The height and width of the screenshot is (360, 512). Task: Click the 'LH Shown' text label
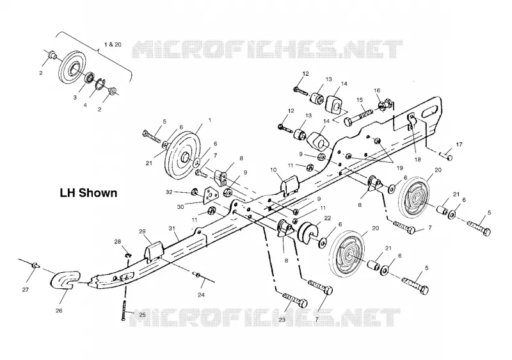(88, 193)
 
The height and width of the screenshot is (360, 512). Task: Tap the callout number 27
(26, 290)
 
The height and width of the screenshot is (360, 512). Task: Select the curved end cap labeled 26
(65, 280)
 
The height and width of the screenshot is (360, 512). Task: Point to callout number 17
(459, 144)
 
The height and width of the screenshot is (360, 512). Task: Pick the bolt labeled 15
(358, 117)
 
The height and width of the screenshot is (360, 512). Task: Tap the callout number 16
(377, 90)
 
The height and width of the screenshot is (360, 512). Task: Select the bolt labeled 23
(294, 300)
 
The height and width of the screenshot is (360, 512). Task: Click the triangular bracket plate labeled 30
(209, 195)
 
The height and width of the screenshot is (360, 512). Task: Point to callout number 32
(169, 192)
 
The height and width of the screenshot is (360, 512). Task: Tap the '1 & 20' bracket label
(113, 44)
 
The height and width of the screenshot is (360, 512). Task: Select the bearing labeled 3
(89, 78)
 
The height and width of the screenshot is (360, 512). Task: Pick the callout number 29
(142, 232)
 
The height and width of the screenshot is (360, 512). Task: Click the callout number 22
(328, 218)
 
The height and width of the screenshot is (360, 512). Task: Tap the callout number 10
(274, 170)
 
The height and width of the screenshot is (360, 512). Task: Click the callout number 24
(201, 295)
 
